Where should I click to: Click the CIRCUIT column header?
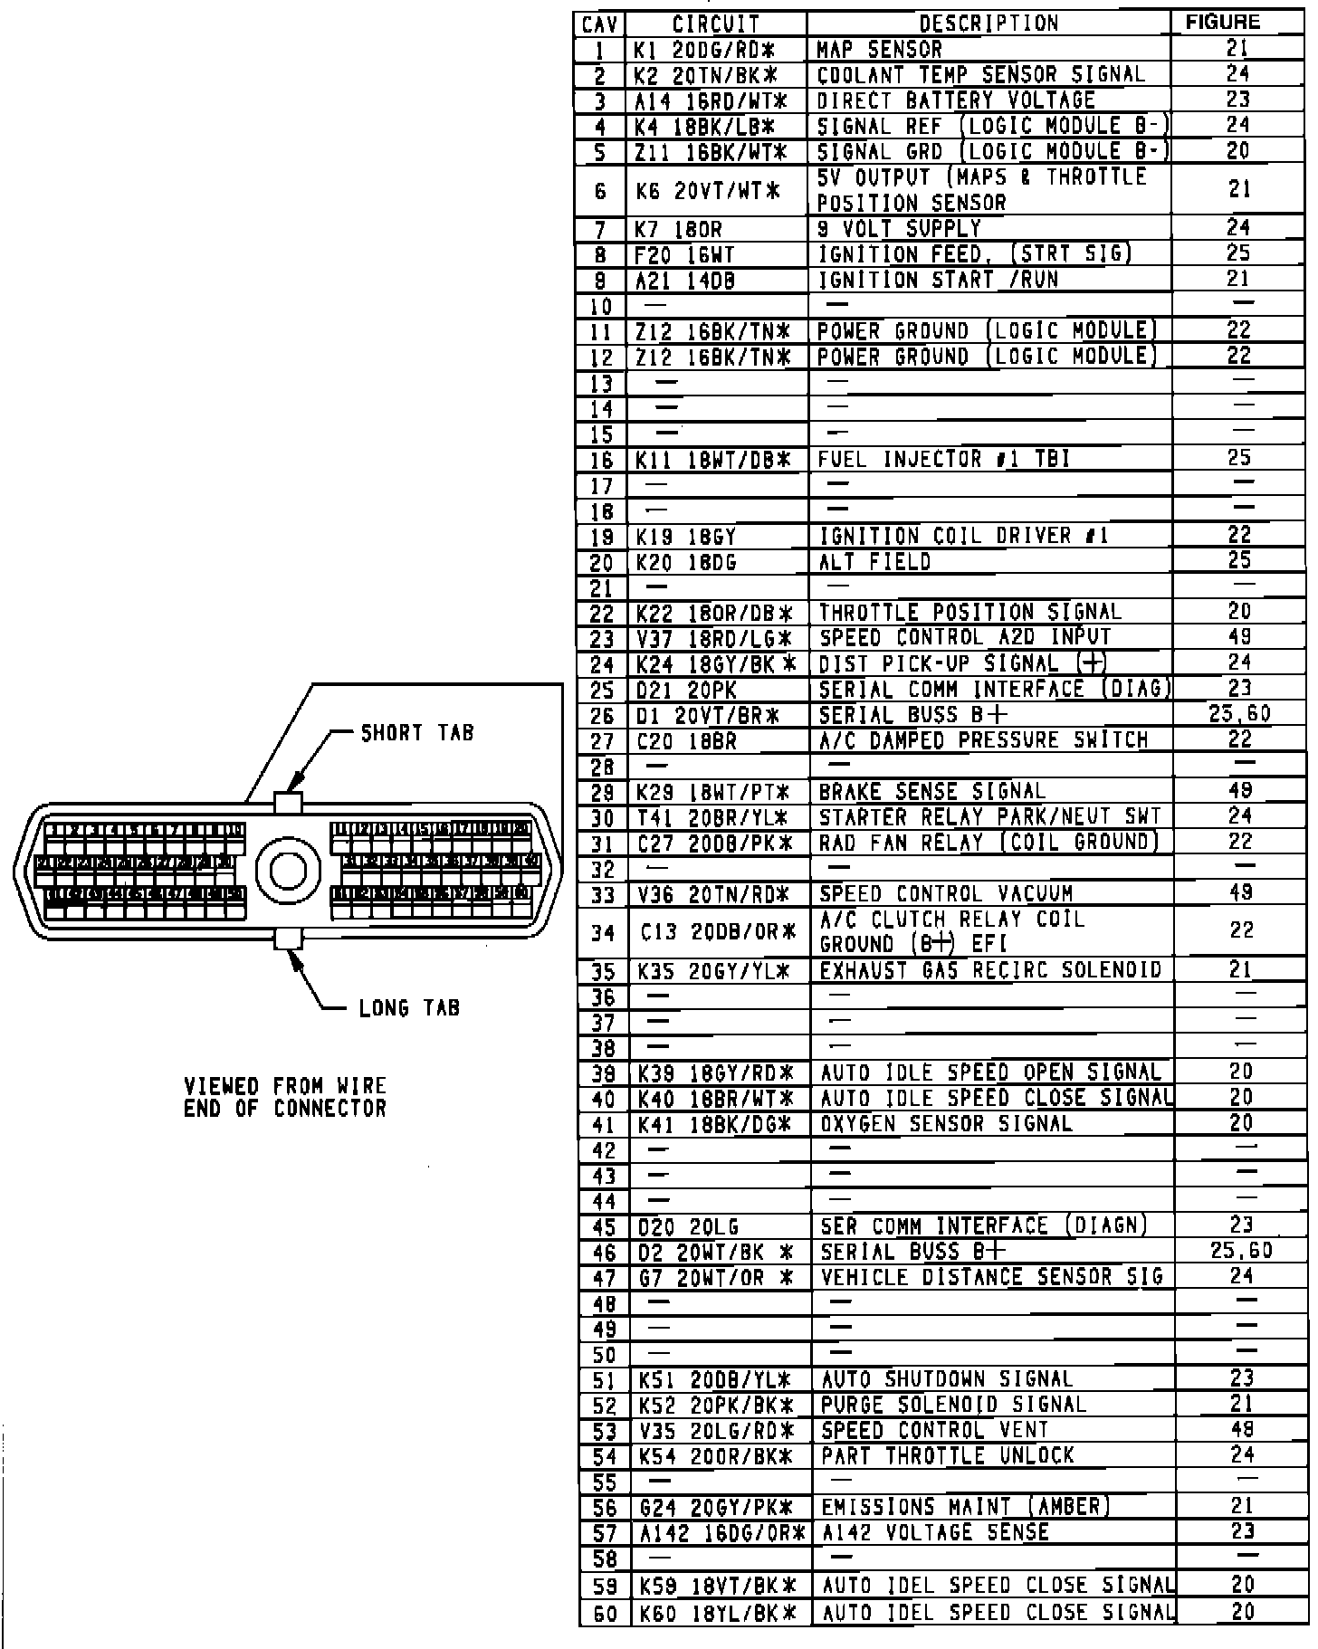pos(716,24)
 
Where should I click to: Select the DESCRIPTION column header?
pos(988,24)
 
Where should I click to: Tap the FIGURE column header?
pos(1222,23)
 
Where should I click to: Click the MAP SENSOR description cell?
pos(879,49)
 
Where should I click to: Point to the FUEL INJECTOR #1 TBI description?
pos(943,460)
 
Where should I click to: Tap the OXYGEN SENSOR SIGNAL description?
pos(946,1124)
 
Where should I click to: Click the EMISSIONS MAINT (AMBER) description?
pos(965,1507)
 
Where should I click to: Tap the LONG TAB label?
pos(409,1007)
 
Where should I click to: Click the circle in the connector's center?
pos(289,870)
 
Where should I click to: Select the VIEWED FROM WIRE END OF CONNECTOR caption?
pos(285,1097)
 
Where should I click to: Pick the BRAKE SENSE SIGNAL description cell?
pos(931,792)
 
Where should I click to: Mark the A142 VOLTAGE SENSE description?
pos(935,1532)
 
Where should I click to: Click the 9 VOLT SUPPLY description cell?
pos(899,229)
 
